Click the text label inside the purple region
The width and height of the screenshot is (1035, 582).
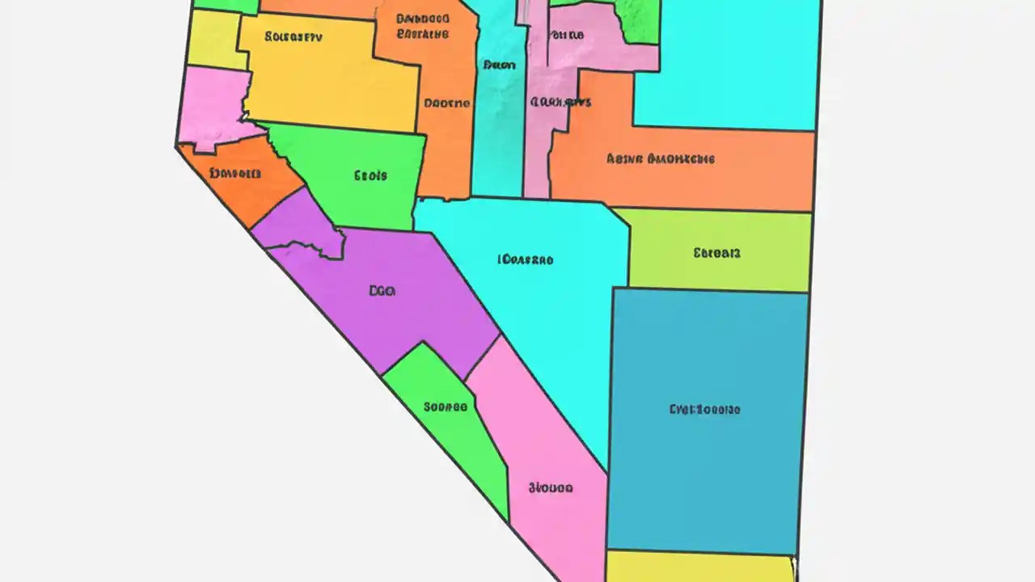click(382, 291)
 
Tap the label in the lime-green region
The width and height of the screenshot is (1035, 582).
click(716, 253)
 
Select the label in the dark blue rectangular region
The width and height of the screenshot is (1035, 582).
click(704, 409)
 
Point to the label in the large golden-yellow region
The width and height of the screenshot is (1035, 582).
click(294, 37)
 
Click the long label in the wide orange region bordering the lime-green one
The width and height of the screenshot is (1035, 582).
click(660, 159)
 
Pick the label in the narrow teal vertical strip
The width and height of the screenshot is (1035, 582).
click(499, 65)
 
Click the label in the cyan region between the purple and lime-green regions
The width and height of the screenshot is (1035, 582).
click(526, 260)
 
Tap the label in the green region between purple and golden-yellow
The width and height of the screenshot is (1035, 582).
click(370, 175)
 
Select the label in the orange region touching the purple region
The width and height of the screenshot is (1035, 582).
click(234, 173)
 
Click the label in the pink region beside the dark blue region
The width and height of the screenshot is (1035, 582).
click(551, 488)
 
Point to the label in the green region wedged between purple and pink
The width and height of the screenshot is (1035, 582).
click(445, 407)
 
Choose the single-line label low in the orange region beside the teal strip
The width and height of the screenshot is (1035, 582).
click(446, 103)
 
